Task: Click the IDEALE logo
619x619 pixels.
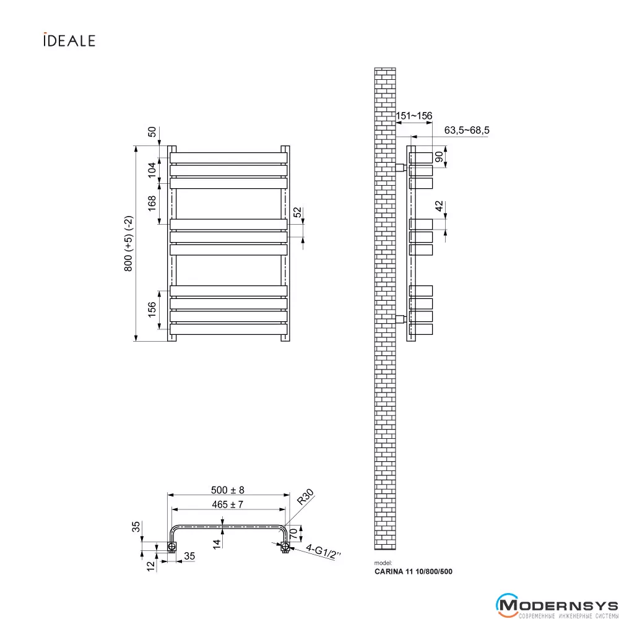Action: pyautogui.click(x=69, y=40)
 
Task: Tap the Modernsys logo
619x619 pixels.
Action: pyautogui.click(x=557, y=605)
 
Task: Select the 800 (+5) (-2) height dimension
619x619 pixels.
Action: pyautogui.click(x=129, y=243)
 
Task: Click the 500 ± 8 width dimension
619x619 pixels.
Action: pyautogui.click(x=228, y=490)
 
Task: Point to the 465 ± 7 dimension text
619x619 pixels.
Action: pyautogui.click(x=227, y=504)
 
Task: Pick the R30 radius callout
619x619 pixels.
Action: pyautogui.click(x=305, y=497)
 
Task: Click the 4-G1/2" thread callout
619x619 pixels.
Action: pyautogui.click(x=323, y=552)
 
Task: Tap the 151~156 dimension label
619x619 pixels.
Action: pyautogui.click(x=414, y=116)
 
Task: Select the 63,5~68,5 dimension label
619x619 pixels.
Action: pyautogui.click(x=467, y=130)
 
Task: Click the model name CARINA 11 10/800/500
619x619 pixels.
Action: pyautogui.click(x=413, y=571)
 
